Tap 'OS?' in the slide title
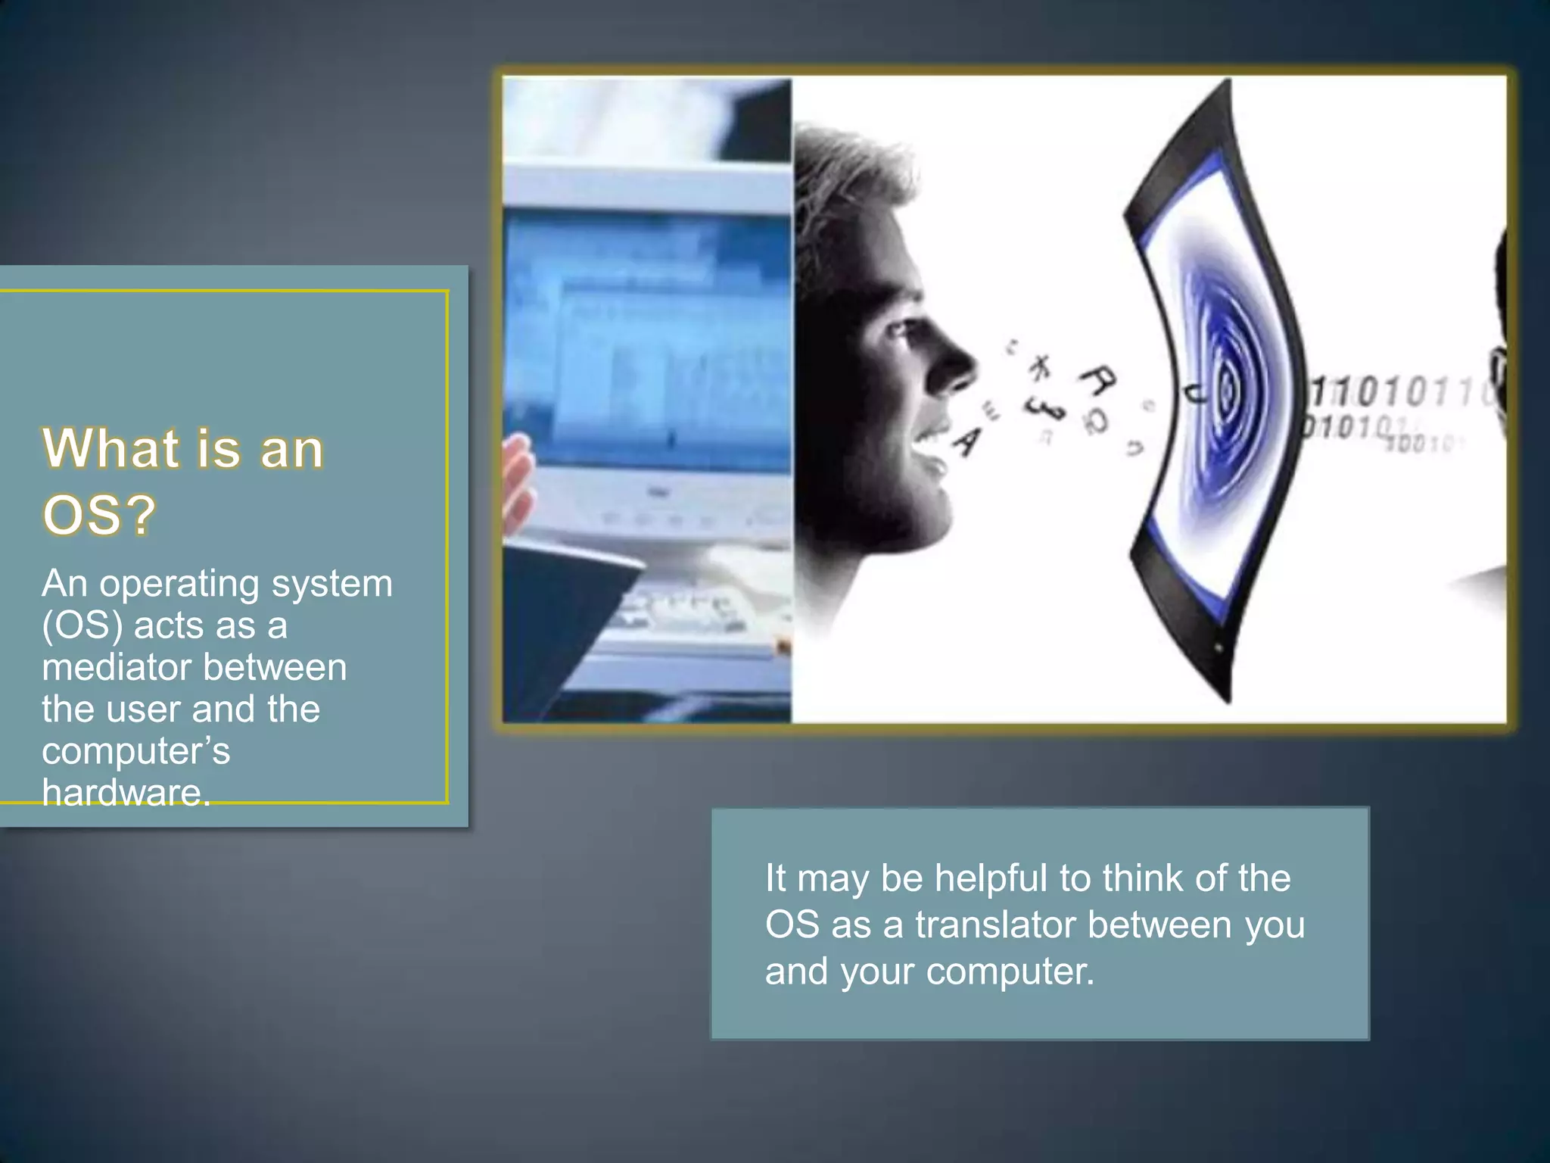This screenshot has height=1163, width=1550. pyautogui.click(x=99, y=516)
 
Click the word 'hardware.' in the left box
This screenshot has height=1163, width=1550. pyautogui.click(x=126, y=793)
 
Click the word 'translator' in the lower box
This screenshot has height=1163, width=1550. pyautogui.click(x=994, y=924)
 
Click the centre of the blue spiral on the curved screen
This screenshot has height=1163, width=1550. pyautogui.click(x=1225, y=390)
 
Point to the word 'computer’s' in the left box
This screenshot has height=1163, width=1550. pyautogui.click(x=135, y=752)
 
